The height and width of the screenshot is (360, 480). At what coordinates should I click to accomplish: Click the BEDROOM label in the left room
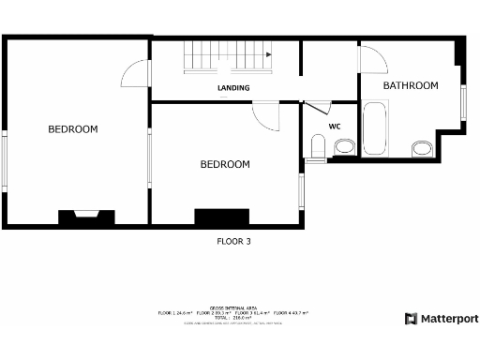tap(73, 129)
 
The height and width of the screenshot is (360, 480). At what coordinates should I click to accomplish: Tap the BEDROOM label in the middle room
tap(225, 165)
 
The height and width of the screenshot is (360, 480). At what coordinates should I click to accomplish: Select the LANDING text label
tap(233, 89)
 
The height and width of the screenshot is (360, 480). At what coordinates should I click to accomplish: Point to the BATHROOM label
tap(411, 86)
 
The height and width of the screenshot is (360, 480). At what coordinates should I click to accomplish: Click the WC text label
tap(334, 126)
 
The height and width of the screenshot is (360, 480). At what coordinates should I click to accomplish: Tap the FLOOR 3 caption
tap(233, 241)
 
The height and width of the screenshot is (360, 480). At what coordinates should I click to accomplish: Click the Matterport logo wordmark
tap(441, 319)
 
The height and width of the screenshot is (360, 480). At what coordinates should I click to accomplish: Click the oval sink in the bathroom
tap(421, 148)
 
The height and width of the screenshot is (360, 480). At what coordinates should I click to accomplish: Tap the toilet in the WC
tap(318, 147)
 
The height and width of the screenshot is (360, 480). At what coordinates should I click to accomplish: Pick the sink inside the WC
tap(344, 146)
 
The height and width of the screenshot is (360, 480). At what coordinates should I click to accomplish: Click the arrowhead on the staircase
tap(269, 55)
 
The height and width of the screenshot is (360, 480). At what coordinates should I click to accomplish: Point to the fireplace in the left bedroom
tap(86, 217)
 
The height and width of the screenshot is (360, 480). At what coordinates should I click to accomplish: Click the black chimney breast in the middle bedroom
tap(221, 217)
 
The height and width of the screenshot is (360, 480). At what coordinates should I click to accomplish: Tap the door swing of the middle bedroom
tap(266, 115)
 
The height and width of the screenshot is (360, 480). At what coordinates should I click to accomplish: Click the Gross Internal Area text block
tap(233, 314)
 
